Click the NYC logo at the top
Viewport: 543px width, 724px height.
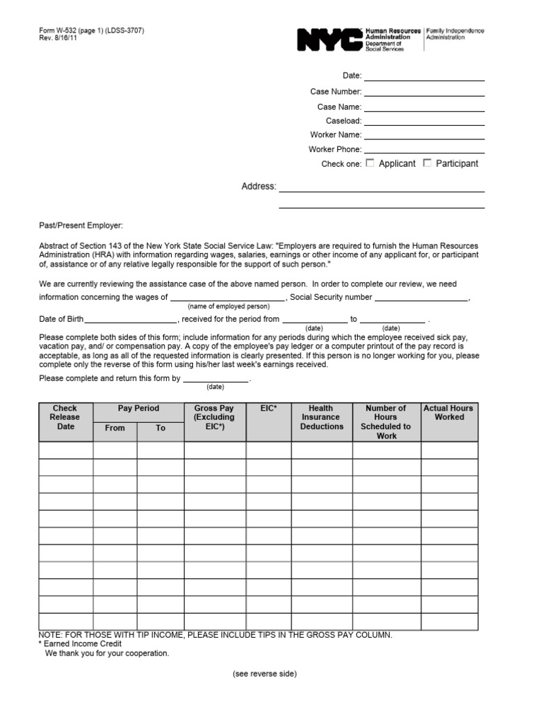[329, 40]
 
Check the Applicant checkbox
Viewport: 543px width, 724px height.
[370, 163]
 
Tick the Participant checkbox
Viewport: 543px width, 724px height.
[427, 163]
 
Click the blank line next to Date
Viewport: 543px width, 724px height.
[424, 76]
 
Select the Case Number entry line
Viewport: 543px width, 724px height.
[424, 91]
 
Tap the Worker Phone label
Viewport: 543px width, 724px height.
[335, 149]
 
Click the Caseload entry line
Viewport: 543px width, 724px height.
[424, 121]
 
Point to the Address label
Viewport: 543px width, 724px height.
[259, 187]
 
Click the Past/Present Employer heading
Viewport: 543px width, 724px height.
[81, 226]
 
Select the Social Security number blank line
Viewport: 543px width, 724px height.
[421, 298]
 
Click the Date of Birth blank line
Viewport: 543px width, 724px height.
[131, 320]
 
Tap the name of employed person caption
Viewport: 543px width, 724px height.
[228, 307]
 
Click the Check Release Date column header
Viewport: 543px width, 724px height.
[65, 417]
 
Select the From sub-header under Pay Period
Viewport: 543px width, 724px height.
[115, 428]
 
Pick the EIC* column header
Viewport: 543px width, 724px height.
[268, 409]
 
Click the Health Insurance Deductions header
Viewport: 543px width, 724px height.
[321, 417]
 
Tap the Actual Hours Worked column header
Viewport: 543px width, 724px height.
[449, 413]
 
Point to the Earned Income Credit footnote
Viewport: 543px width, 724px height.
[80, 644]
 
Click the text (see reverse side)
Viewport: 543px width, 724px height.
[264, 675]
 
